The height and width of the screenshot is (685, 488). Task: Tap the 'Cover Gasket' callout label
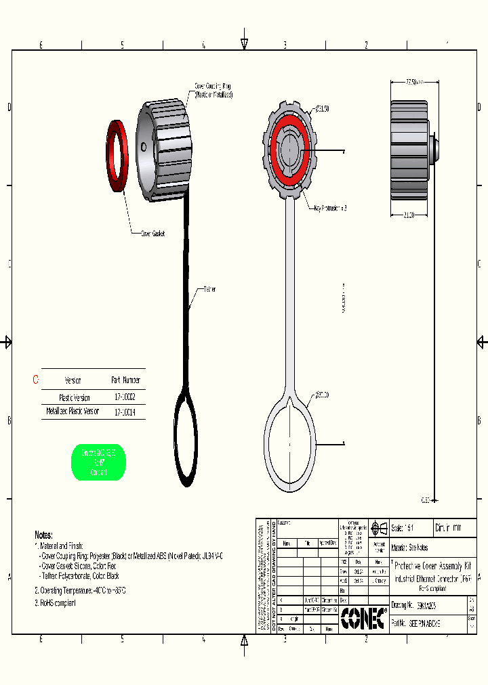(x=152, y=234)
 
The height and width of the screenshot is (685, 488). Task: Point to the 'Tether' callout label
(x=209, y=289)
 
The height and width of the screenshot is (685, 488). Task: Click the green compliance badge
(x=98, y=463)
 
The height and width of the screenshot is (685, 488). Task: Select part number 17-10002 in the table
(x=125, y=398)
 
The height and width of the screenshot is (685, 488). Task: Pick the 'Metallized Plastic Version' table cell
(x=73, y=412)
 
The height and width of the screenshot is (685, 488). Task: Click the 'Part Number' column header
(x=126, y=380)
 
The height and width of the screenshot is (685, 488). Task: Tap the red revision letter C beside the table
(x=36, y=380)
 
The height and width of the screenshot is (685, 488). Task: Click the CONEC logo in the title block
(x=364, y=617)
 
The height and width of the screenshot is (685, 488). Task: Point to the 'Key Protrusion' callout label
(x=330, y=208)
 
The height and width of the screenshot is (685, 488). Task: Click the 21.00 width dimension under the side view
(x=409, y=215)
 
